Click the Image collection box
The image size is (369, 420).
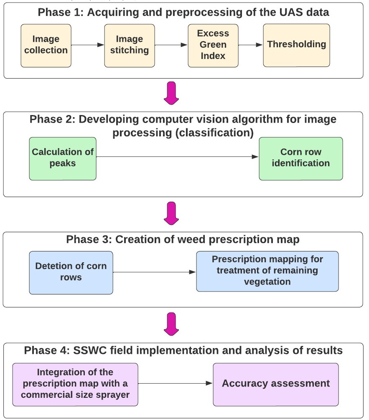[x=46, y=46]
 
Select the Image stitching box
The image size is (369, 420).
[x=130, y=46]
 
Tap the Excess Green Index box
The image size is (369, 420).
[x=213, y=46]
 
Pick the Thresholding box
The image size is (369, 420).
[x=296, y=45]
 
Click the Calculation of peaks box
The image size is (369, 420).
[x=63, y=159]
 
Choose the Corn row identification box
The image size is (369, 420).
[x=301, y=159]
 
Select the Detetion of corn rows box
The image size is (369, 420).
[x=71, y=273]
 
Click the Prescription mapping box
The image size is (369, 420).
[x=267, y=271]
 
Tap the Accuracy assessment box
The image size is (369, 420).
[x=276, y=384]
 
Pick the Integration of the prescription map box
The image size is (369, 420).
[x=75, y=384]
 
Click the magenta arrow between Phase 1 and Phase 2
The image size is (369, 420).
[x=171, y=93]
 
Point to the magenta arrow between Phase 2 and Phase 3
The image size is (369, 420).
[x=171, y=213]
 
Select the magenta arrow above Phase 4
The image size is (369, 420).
[x=171, y=324]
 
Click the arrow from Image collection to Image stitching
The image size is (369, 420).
[x=88, y=45]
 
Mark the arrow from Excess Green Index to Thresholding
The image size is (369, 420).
[x=251, y=45]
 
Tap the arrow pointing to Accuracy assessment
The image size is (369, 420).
[x=176, y=383]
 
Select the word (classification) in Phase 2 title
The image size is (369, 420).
[x=214, y=133]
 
